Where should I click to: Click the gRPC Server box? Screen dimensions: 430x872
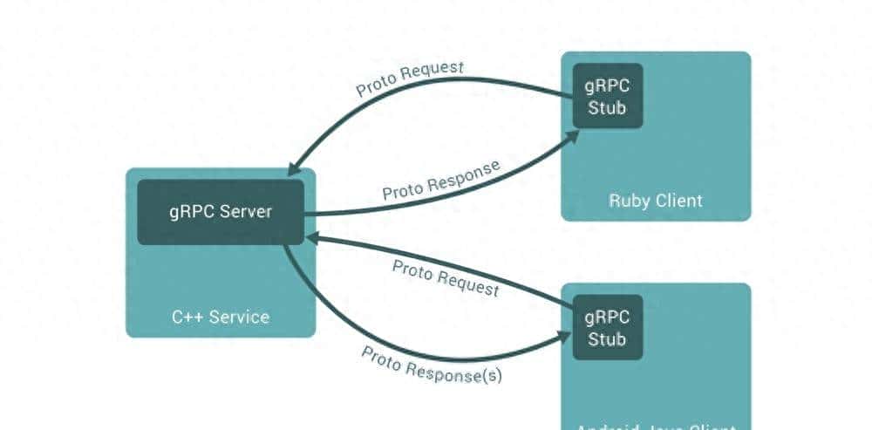221,212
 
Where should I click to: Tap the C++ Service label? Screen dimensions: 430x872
221,316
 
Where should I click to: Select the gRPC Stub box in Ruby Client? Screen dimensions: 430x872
607,96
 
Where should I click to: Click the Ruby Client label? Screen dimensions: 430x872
655,201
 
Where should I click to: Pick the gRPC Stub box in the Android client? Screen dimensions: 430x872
607,327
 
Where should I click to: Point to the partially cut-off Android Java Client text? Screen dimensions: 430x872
655,425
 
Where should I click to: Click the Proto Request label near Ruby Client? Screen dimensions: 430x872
410,78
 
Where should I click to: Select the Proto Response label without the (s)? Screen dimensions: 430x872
441,181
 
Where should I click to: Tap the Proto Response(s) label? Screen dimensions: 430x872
432,365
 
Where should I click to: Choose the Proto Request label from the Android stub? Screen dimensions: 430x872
446,277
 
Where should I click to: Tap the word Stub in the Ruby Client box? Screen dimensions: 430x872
607,108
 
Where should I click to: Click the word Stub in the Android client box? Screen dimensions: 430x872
607,339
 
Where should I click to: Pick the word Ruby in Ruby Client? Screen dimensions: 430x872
626,201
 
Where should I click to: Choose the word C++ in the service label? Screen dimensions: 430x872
185,316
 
